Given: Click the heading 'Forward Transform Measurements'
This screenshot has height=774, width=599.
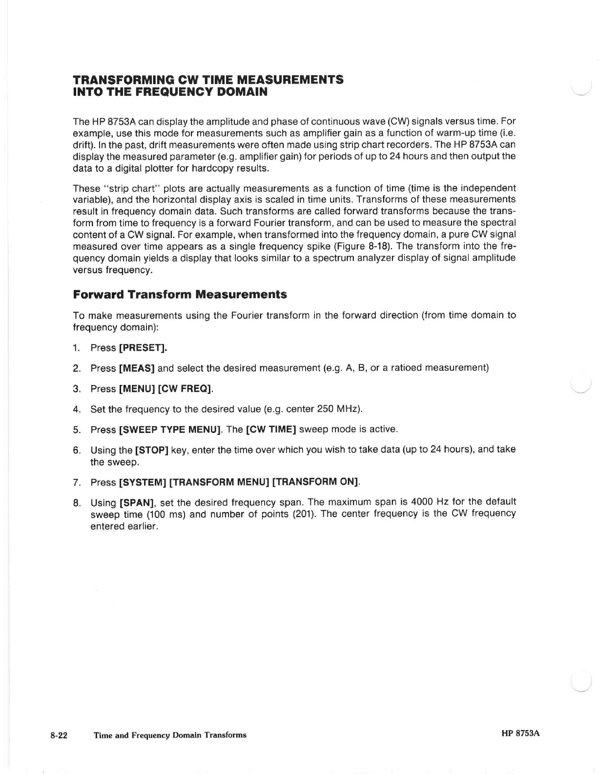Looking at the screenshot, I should click(x=180, y=295).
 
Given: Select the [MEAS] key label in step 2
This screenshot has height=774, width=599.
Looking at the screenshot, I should click(x=137, y=368).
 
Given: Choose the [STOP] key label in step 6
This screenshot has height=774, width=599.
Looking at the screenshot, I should click(x=152, y=450).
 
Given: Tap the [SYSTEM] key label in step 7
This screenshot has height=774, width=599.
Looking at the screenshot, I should click(x=143, y=482).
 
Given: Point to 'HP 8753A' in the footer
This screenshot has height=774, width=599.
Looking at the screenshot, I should click(x=520, y=733).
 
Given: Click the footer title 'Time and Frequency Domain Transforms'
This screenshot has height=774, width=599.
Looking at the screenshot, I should click(x=170, y=735).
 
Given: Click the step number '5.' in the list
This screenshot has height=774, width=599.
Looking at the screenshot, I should click(x=77, y=430).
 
